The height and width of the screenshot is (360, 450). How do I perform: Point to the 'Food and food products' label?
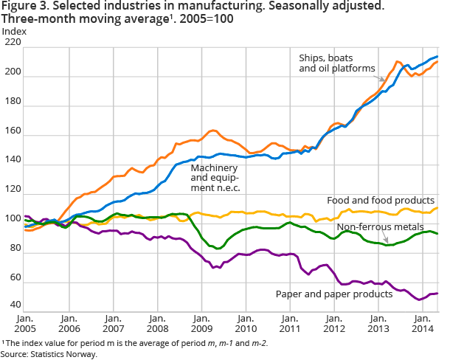tap(381, 200)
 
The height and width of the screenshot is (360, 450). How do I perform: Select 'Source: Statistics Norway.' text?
tap(49, 353)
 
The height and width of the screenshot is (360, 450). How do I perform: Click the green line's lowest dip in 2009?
tap(218, 249)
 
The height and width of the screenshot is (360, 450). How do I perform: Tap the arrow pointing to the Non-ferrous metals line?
tap(387, 239)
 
